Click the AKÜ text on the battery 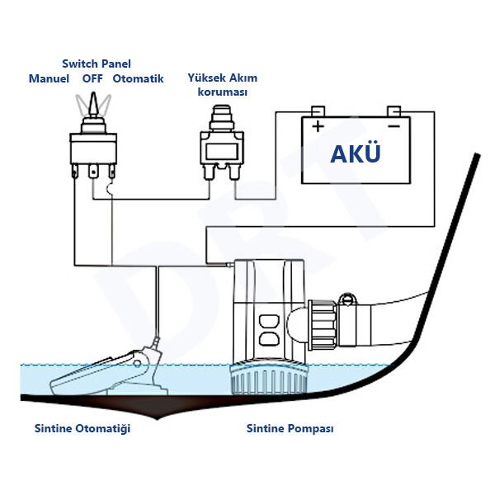tap(356, 153)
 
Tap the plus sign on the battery tap(317, 127)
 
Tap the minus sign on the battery tap(394, 127)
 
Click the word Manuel tap(49, 79)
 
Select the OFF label tap(92, 79)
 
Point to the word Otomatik tap(139, 79)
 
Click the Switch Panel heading tap(97, 64)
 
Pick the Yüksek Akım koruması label tap(223, 84)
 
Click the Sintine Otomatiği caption tap(82, 429)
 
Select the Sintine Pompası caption tap(290, 429)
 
